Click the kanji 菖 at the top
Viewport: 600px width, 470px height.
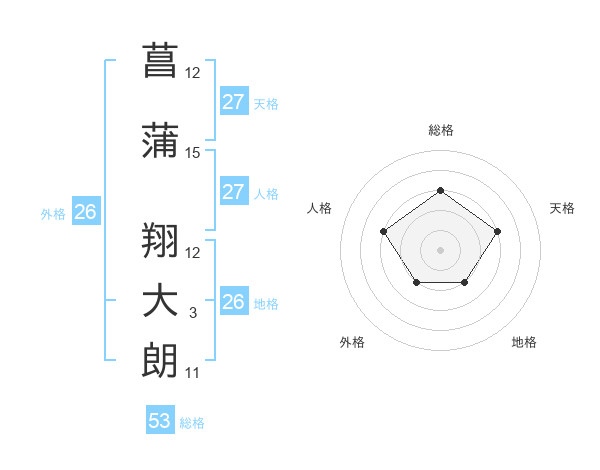tap(161, 59)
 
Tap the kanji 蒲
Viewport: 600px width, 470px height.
tap(161, 140)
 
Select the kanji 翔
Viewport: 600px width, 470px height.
tap(161, 239)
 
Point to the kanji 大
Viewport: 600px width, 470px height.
tap(161, 301)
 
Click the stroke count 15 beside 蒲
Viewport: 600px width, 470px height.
tap(193, 153)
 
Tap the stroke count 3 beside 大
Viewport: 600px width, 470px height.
tap(193, 313)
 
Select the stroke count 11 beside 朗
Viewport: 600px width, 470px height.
tap(193, 373)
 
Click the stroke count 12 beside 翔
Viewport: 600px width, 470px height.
tap(193, 252)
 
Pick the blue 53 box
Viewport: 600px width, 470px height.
tap(160, 421)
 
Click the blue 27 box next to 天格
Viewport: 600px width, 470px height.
tap(233, 102)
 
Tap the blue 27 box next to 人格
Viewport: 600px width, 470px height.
tap(233, 193)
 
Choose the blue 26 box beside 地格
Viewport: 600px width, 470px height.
tap(233, 302)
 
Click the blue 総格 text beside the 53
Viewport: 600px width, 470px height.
tap(193, 423)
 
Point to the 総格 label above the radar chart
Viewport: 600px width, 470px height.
tap(440, 130)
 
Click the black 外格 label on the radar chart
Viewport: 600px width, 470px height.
tap(352, 342)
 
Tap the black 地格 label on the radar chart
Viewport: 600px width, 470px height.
tap(524, 342)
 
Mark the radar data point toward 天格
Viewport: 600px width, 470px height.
tap(497, 232)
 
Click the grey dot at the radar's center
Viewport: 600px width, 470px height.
tap(440, 249)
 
